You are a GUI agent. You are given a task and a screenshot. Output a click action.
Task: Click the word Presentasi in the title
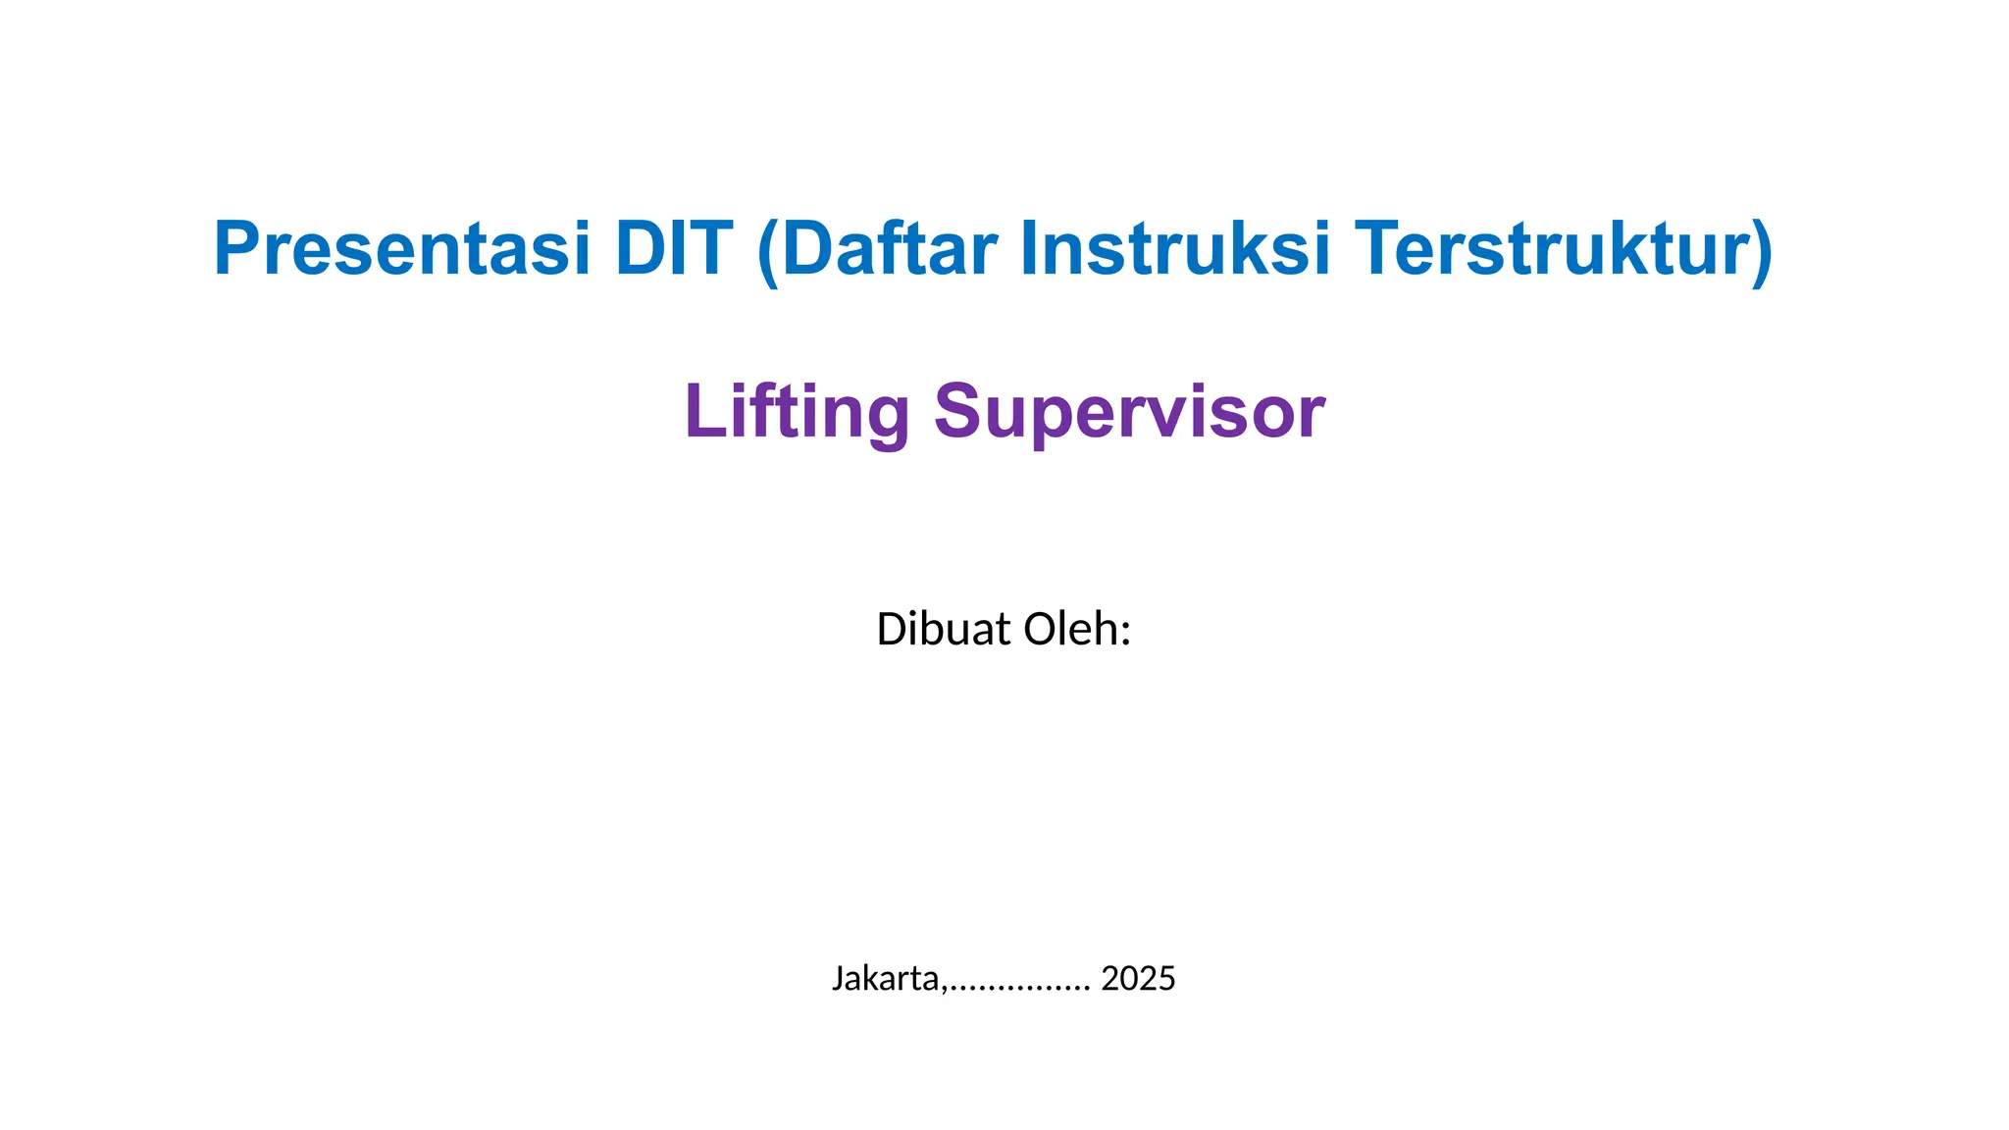(x=402, y=249)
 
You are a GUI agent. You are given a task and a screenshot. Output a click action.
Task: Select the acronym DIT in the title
(x=674, y=249)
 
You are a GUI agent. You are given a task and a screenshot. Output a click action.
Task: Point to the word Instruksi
(x=1175, y=249)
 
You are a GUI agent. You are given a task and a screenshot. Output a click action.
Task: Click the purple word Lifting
(x=797, y=412)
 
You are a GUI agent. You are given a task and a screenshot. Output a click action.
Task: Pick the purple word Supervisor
(x=1129, y=412)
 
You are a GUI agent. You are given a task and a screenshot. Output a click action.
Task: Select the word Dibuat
(x=944, y=630)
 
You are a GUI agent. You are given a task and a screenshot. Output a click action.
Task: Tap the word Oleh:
(x=1078, y=630)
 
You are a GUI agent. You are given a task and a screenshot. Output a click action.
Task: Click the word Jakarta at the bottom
(x=886, y=979)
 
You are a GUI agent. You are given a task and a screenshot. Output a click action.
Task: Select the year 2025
(x=1138, y=979)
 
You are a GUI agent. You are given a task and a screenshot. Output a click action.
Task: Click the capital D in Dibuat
(x=891, y=630)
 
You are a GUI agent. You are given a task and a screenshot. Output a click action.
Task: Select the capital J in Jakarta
(x=838, y=979)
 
